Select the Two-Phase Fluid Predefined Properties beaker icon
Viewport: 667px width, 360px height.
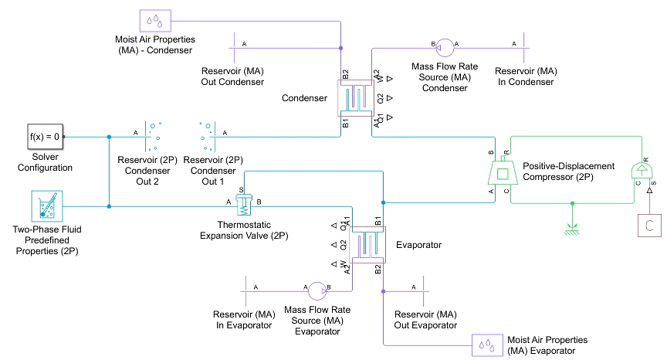(x=47, y=206)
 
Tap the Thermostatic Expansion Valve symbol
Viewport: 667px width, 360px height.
(x=243, y=205)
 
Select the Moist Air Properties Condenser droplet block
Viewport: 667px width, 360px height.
(x=156, y=20)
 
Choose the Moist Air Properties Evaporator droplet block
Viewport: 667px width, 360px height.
(x=489, y=345)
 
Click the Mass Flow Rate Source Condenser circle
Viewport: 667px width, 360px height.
(x=445, y=49)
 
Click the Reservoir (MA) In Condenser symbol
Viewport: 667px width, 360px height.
(x=523, y=49)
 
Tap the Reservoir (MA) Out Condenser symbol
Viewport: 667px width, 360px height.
(x=234, y=49)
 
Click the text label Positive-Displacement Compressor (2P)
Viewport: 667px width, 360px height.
(x=568, y=171)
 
